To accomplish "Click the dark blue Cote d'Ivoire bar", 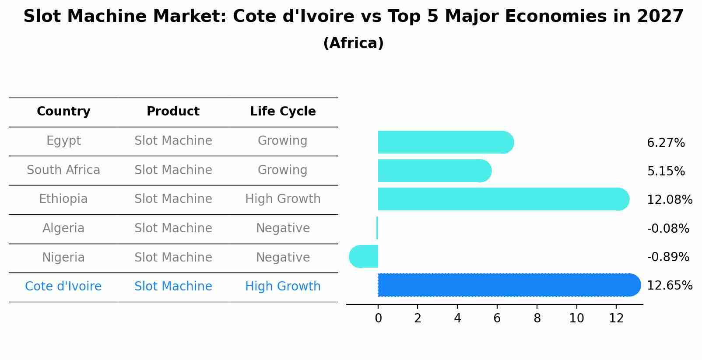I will (x=508, y=285).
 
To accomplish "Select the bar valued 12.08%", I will (x=503, y=199).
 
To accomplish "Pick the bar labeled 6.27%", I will (x=444, y=142).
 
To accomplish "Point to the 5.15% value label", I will (x=666, y=171).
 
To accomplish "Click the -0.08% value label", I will (x=668, y=228).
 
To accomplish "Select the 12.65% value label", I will (x=669, y=285).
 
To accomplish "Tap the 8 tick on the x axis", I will (x=537, y=318).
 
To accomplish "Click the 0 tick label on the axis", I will (x=378, y=318).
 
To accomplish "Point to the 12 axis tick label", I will (x=616, y=318).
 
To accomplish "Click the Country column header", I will (x=63, y=112).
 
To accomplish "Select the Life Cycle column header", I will (x=283, y=112).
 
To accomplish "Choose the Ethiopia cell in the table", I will (x=63, y=199).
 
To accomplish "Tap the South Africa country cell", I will (x=63, y=170).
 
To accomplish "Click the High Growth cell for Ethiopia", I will (x=283, y=199).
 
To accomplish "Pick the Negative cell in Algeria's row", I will (x=283, y=228).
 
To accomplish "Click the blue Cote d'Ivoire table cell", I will (x=63, y=287).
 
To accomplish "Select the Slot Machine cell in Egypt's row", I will (x=173, y=141).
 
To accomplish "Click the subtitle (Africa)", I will (x=353, y=43).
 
